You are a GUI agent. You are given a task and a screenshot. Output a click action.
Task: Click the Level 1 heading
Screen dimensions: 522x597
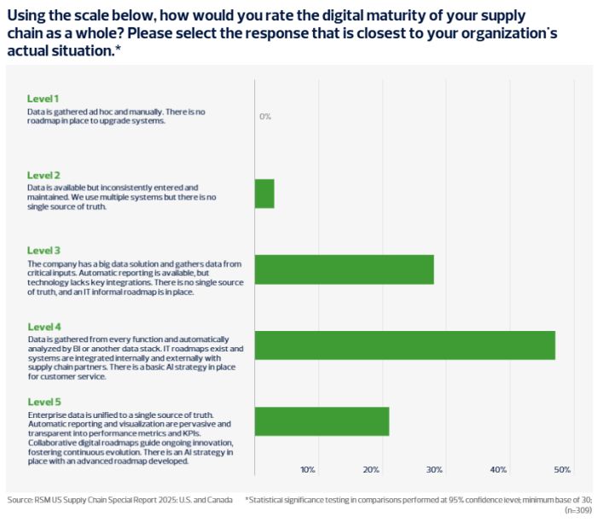click(x=43, y=99)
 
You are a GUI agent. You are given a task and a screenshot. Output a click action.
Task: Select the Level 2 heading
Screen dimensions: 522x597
click(x=43, y=175)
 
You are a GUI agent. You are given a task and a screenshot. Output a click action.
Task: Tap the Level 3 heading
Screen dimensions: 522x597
click(x=43, y=251)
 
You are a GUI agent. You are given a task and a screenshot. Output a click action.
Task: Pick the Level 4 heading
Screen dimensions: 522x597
click(x=43, y=327)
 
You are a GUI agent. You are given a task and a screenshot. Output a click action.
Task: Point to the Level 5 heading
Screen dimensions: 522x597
click(x=43, y=403)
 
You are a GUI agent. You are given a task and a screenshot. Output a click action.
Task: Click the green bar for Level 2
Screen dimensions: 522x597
click(x=264, y=194)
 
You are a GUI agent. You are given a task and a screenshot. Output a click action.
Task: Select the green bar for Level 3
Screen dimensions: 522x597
click(x=344, y=270)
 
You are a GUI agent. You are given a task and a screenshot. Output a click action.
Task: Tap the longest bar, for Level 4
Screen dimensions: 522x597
click(x=404, y=345)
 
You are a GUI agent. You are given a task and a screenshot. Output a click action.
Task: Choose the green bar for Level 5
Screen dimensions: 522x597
click(x=322, y=421)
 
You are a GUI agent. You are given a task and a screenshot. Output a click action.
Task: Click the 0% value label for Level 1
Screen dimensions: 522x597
click(x=265, y=117)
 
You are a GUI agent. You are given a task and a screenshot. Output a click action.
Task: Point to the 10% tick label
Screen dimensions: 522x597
click(x=308, y=470)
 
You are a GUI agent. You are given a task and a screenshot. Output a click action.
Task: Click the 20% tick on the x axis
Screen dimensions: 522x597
click(x=371, y=470)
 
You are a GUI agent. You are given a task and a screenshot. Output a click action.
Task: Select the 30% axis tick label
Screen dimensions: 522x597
click(x=435, y=470)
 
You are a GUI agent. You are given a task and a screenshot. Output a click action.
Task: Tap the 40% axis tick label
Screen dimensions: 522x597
click(x=499, y=470)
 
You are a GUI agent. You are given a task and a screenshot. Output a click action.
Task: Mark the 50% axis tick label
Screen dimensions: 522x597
click(x=562, y=470)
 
